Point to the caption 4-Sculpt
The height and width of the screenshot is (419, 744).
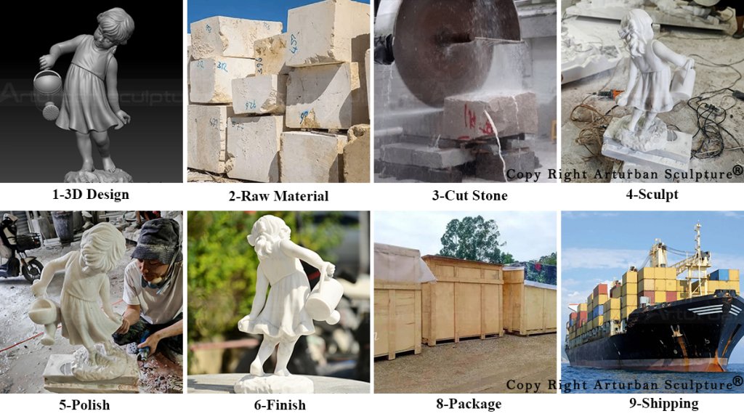click(x=652, y=194)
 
